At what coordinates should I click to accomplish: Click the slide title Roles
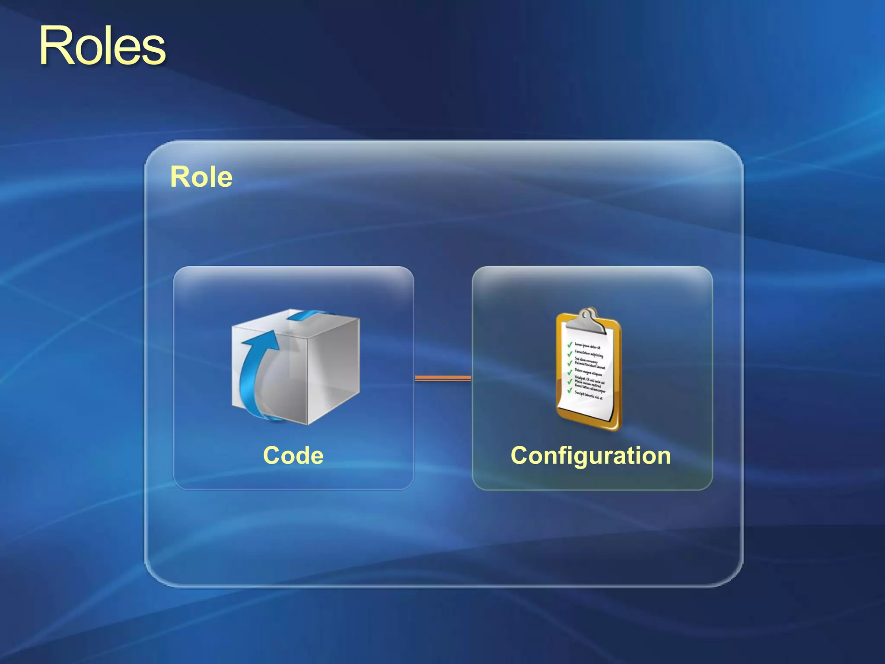pyautogui.click(x=102, y=46)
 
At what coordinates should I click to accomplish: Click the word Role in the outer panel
pyautogui.click(x=201, y=177)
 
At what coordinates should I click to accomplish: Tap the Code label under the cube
pyautogui.click(x=293, y=455)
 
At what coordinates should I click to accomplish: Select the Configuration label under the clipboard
pyautogui.click(x=591, y=455)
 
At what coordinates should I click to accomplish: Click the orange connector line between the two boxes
pyautogui.click(x=443, y=378)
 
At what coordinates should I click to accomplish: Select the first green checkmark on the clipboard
pyautogui.click(x=570, y=345)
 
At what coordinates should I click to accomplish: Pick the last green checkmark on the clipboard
pyautogui.click(x=570, y=390)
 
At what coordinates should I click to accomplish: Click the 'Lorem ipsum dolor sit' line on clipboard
pyautogui.click(x=587, y=347)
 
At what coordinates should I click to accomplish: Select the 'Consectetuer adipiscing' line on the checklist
pyautogui.click(x=589, y=354)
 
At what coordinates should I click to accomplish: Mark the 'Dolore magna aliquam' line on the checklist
pyautogui.click(x=588, y=372)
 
